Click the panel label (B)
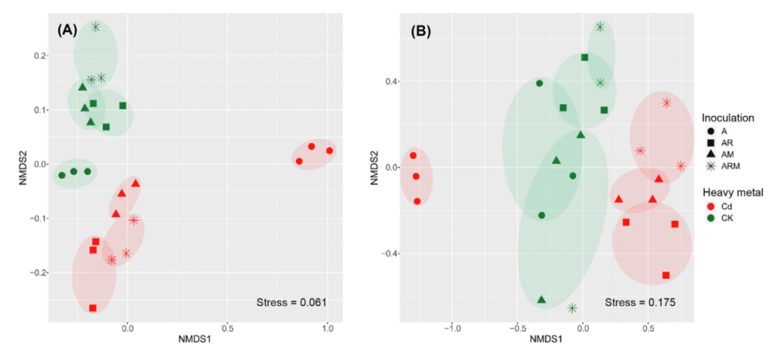click(x=423, y=32)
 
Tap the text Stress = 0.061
click(x=292, y=302)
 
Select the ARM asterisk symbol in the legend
click(x=711, y=167)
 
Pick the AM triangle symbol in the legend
click(x=711, y=155)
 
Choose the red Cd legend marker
click(x=711, y=206)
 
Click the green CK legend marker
click(x=711, y=218)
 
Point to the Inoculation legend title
click(x=728, y=117)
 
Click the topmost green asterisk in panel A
click(x=96, y=27)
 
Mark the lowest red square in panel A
click(x=93, y=308)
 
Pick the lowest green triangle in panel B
click(x=541, y=300)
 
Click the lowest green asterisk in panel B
click(x=572, y=308)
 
